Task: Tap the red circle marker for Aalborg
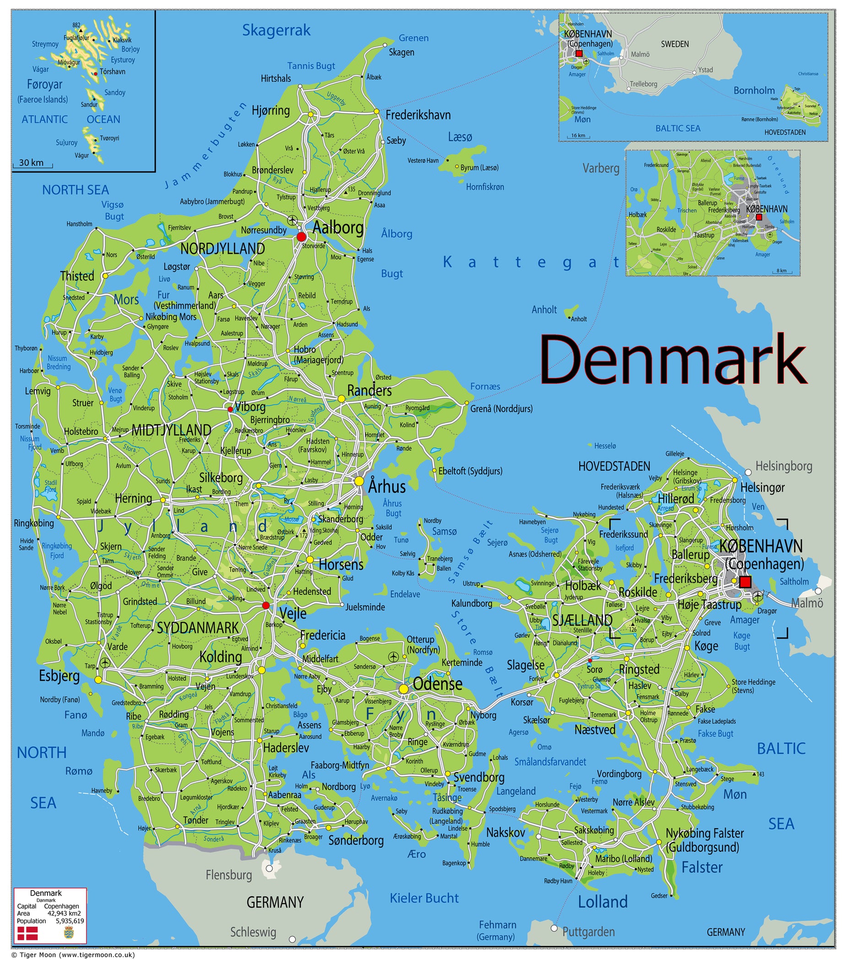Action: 301,237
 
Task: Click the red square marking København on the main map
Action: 745,582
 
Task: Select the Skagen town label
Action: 401,52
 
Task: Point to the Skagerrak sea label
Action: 276,31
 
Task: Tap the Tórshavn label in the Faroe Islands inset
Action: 112,72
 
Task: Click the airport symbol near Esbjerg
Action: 105,663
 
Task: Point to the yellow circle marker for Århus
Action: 359,481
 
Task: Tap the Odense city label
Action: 437,684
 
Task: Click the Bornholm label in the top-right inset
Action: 754,90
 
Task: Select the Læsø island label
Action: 460,137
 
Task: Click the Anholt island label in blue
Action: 544,309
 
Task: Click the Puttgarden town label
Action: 588,932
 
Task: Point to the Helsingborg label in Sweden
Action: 783,466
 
